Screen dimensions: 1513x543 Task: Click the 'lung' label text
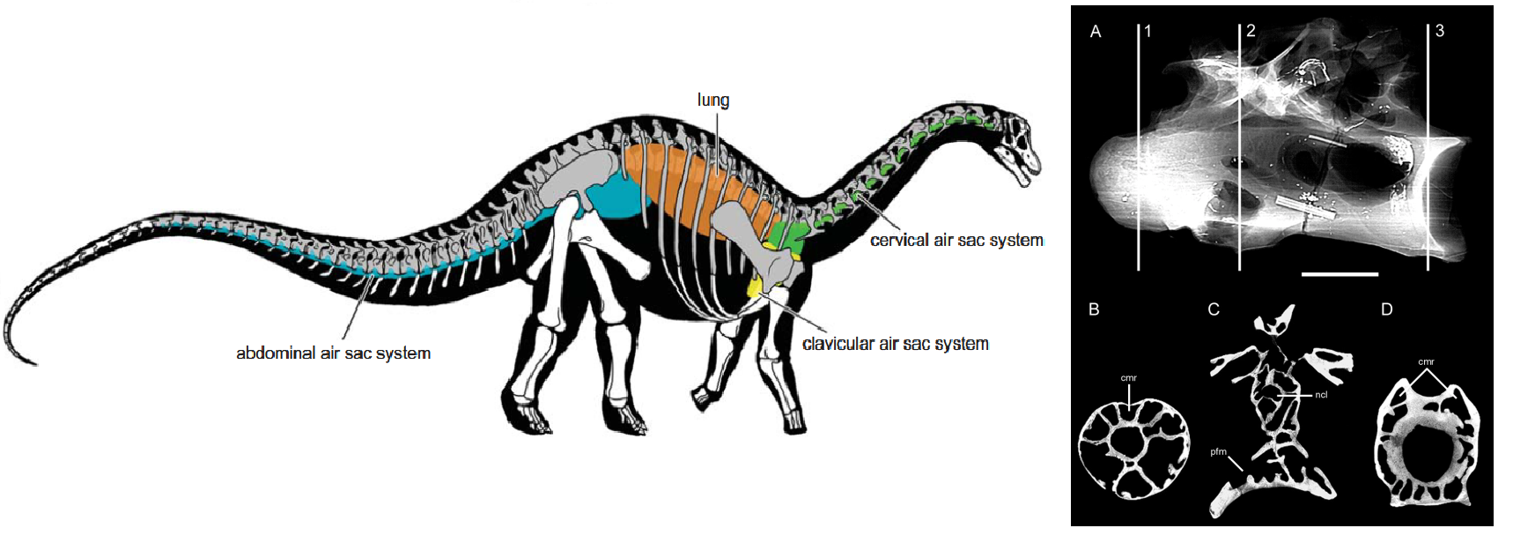pyautogui.click(x=713, y=100)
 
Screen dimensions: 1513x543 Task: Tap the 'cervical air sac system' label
pyautogui.click(x=956, y=241)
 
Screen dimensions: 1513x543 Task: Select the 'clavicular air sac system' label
pyautogui.click(x=895, y=345)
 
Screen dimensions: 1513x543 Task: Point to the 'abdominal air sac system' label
pyautogui.click(x=333, y=353)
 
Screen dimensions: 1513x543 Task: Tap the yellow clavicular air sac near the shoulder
pyautogui.click(x=756, y=287)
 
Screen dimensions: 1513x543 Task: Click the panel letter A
pyautogui.click(x=1096, y=32)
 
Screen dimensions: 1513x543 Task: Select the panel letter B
pyautogui.click(x=1094, y=309)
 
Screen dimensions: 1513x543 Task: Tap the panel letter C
pyautogui.click(x=1214, y=309)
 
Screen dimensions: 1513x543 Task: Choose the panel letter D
pyautogui.click(x=1387, y=309)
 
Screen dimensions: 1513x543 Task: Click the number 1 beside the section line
pyautogui.click(x=1148, y=32)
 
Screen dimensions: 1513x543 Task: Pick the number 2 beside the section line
pyautogui.click(x=1251, y=32)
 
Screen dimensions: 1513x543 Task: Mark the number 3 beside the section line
pyautogui.click(x=1440, y=31)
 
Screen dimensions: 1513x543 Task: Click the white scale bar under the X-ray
pyautogui.click(x=1340, y=274)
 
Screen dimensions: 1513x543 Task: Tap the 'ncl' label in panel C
pyautogui.click(x=1321, y=395)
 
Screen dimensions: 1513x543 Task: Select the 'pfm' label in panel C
pyautogui.click(x=1218, y=452)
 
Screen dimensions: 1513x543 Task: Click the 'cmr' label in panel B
pyautogui.click(x=1128, y=378)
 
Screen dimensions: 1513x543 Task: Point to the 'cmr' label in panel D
pyautogui.click(x=1427, y=362)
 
